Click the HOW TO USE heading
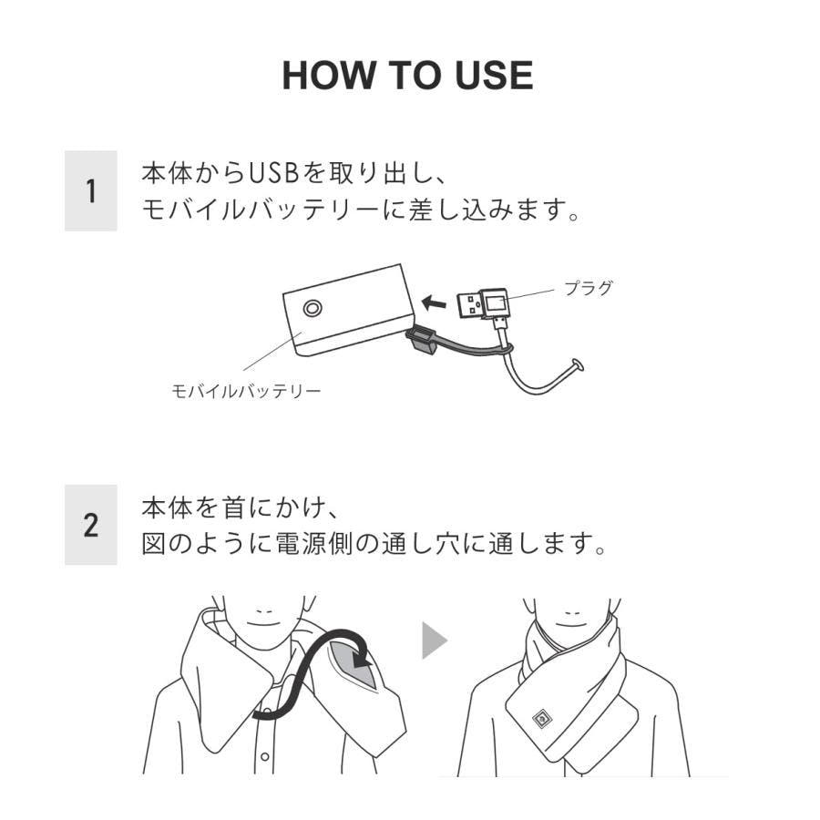(x=408, y=76)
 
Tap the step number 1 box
(x=91, y=191)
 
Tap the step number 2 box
(x=91, y=525)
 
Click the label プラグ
(x=588, y=288)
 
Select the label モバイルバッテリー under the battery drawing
(x=246, y=391)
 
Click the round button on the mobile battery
(x=313, y=308)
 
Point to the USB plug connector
(x=483, y=304)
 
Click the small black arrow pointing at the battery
(x=434, y=302)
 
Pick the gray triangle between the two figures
(x=435, y=641)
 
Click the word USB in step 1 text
(x=271, y=173)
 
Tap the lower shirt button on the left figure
(x=265, y=756)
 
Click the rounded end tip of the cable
(x=578, y=365)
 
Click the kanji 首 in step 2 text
(x=235, y=507)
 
